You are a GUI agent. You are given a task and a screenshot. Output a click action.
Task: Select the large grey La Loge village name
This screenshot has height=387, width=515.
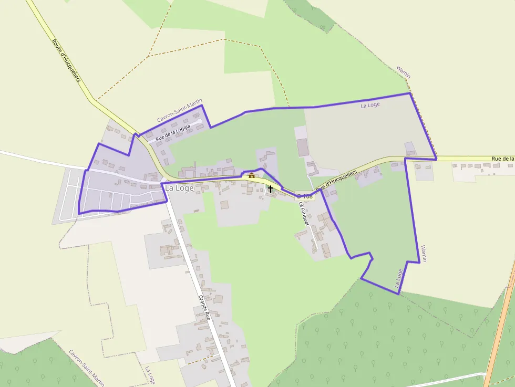click(179, 188)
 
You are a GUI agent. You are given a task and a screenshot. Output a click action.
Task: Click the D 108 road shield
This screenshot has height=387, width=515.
click(305, 196)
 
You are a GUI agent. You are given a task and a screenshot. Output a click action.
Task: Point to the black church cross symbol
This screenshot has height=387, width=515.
click(271, 188)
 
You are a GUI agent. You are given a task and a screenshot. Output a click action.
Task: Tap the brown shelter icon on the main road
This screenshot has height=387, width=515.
click(252, 175)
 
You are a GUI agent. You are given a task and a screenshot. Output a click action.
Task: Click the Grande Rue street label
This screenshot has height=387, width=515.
click(204, 307)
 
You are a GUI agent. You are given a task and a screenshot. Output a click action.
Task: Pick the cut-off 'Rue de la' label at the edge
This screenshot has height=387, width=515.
click(503, 158)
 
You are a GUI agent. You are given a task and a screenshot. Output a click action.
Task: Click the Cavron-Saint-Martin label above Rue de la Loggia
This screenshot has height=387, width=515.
click(180, 111)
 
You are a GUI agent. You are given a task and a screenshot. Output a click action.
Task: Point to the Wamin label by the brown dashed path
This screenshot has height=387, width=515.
click(403, 72)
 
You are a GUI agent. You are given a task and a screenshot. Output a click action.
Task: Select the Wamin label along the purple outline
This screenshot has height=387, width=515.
click(423, 253)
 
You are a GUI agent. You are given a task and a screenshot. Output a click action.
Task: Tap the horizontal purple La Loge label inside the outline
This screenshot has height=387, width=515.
click(370, 105)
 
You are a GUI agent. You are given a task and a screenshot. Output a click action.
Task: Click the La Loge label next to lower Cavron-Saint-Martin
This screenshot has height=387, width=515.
click(150, 375)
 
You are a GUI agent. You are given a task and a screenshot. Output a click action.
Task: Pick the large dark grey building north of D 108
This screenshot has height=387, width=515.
click(303, 148)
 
